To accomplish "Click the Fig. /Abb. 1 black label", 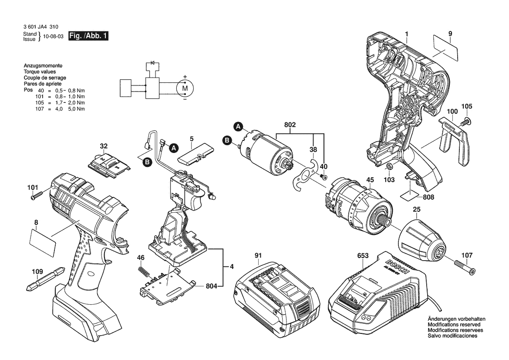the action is [88, 36].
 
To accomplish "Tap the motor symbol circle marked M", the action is [185, 88].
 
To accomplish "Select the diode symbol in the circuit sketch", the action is [152, 63].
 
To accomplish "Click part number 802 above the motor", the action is [290, 125].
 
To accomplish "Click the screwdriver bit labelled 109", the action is [45, 278].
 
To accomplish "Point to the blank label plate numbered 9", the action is [445, 48].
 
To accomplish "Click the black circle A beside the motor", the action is [239, 127].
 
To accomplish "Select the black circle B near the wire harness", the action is [148, 162].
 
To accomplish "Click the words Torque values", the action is [40, 72].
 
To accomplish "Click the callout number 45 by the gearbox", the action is [370, 180].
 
